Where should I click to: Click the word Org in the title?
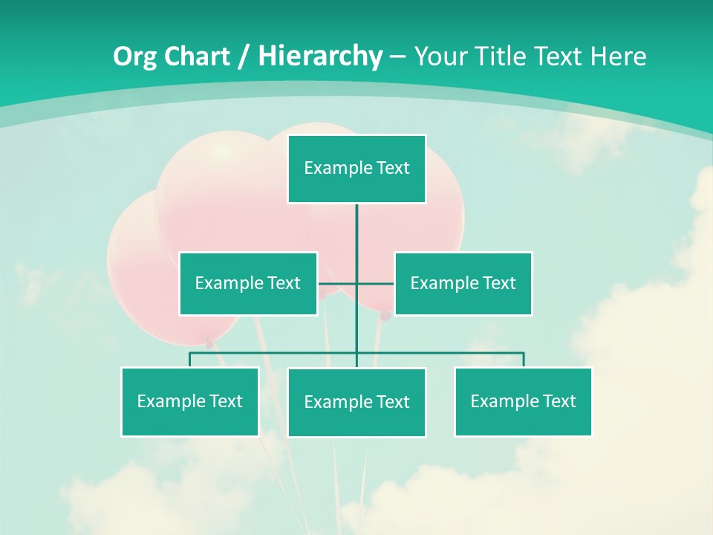[135, 56]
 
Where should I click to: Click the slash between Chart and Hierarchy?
[244, 56]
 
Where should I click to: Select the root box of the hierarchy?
[356, 169]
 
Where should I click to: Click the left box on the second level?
[248, 284]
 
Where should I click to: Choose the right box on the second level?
[463, 284]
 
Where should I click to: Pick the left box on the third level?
[189, 401]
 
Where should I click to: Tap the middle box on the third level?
[356, 402]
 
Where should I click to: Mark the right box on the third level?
[523, 401]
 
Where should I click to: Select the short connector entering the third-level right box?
[524, 360]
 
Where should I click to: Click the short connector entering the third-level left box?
[189, 360]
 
